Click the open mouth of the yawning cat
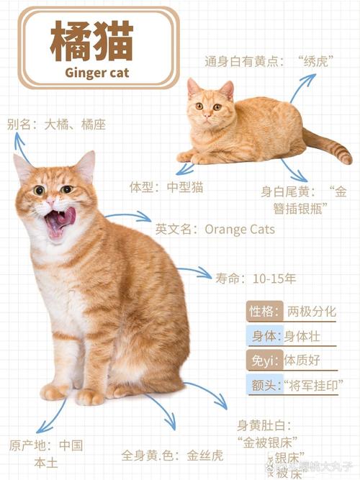[x=56, y=223]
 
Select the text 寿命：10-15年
[x=255, y=277]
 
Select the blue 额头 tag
[x=264, y=384]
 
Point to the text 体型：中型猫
[x=166, y=187]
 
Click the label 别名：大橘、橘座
[x=56, y=124]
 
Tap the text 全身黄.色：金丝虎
[x=172, y=455]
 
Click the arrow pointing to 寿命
[x=194, y=272]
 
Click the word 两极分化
[x=311, y=312]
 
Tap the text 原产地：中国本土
[x=46, y=453]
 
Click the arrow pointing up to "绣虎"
[x=302, y=86]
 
